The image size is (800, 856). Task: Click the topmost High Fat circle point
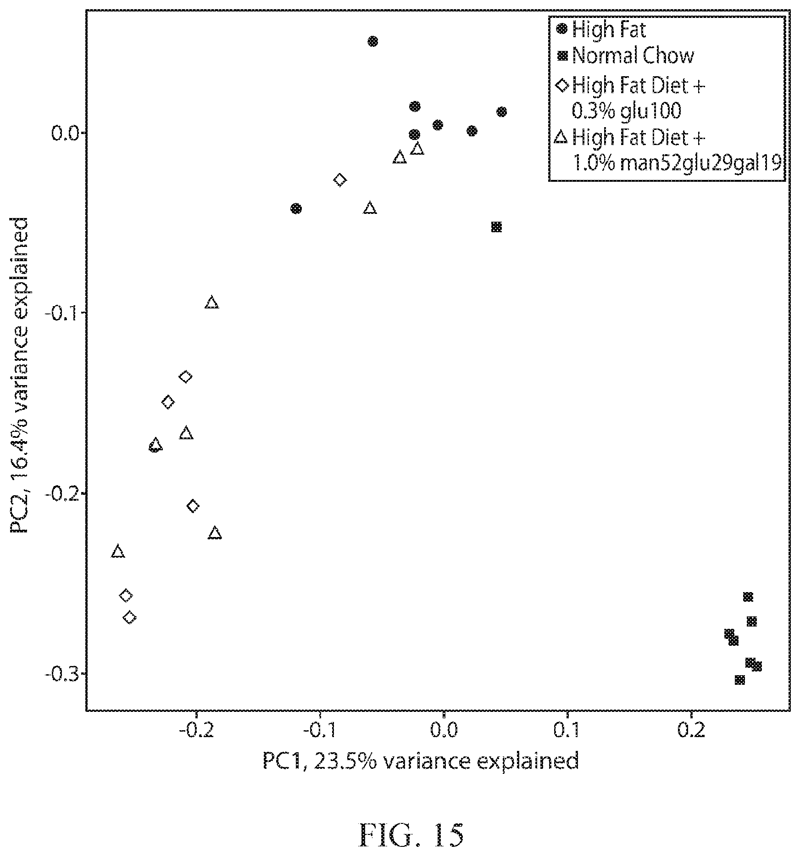click(373, 41)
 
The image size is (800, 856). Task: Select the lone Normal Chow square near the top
click(496, 227)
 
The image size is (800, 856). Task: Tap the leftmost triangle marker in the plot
click(118, 551)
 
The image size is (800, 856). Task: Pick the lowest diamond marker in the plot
click(130, 617)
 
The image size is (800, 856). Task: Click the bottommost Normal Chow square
click(739, 680)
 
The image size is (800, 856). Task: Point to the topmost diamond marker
click(339, 179)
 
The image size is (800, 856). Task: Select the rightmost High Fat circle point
click(501, 112)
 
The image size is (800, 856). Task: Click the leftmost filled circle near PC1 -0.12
click(296, 208)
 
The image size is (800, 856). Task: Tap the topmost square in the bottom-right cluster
click(748, 597)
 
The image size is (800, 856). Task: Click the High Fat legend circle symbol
click(561, 29)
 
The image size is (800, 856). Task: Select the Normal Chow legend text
click(633, 56)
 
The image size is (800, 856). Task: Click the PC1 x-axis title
click(421, 761)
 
